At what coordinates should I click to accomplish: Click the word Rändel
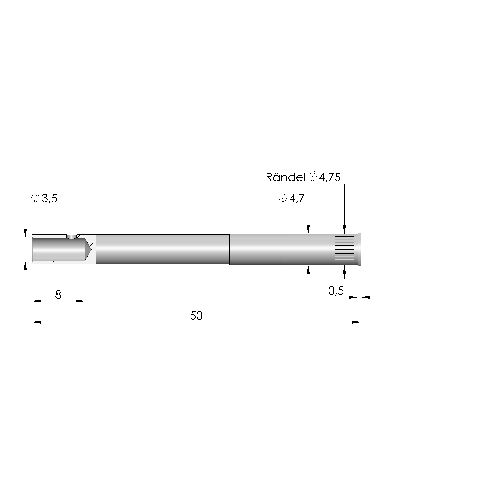[285, 177]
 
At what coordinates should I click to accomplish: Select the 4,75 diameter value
[330, 177]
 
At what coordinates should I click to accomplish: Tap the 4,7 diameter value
[297, 198]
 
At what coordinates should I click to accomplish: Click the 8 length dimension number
[58, 294]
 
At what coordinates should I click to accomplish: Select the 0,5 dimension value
[336, 291]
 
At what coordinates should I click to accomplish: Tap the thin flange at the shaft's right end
[360, 249]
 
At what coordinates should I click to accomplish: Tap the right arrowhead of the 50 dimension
[356, 322]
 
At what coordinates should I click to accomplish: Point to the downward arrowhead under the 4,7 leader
[308, 229]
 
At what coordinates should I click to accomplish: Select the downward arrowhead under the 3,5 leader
[25, 233]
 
